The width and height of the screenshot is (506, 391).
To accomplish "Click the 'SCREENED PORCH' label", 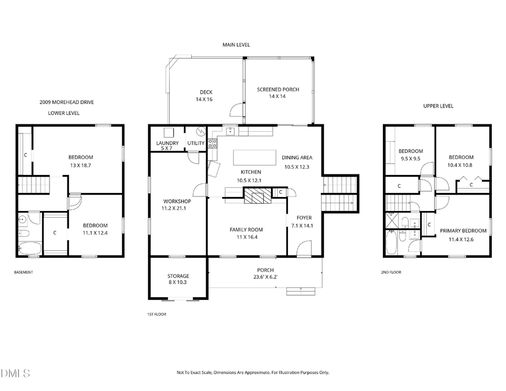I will tap(278, 89).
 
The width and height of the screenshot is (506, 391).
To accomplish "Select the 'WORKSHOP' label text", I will tap(177, 201).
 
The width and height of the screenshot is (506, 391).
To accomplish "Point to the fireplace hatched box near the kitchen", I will tap(256, 195).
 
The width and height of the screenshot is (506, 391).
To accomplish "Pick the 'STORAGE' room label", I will tap(178, 276).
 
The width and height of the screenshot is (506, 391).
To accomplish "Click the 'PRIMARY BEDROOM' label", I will tap(463, 231).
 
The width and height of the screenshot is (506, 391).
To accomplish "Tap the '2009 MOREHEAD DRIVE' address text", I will tap(66, 102).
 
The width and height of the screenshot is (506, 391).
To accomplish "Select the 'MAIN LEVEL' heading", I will tap(236, 45).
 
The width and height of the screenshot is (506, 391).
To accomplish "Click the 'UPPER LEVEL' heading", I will tap(438, 106).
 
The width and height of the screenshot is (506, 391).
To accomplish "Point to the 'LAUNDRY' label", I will tap(167, 143).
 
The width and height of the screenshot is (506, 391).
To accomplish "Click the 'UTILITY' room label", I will tap(196, 143).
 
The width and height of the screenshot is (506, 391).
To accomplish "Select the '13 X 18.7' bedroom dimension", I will tap(80, 165).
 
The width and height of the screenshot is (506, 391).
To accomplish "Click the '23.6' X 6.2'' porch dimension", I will tap(265, 277).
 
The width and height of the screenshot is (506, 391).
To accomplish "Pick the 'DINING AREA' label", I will tap(297, 158).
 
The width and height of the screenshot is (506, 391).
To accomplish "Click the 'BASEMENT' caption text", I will tap(24, 272).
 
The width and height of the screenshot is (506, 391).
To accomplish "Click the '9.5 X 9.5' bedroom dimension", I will tap(410, 159).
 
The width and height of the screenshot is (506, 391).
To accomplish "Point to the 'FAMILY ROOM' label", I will tap(246, 230).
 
